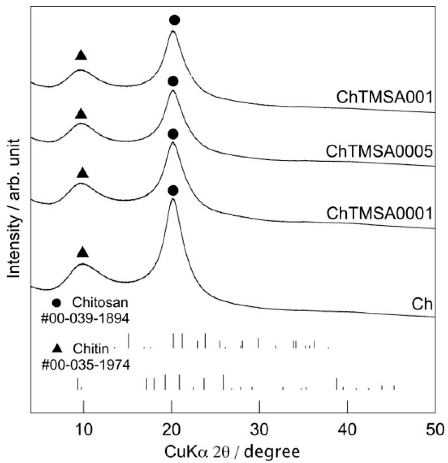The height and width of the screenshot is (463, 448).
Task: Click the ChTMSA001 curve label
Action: coord(385,97)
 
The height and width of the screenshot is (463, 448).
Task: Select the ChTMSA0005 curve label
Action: coord(379,152)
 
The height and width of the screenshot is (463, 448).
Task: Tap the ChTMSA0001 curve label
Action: coord(379,214)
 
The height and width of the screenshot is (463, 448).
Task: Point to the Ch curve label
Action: coord(422,304)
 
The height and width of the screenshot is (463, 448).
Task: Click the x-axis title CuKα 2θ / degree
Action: coord(232,452)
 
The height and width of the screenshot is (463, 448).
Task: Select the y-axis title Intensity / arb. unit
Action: coord(14,209)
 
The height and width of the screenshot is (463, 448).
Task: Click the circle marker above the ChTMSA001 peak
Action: coord(174,20)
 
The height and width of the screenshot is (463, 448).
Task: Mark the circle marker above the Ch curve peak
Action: coord(173,190)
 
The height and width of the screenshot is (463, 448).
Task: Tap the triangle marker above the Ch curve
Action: coord(83,252)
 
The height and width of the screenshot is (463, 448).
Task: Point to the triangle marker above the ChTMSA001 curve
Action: coord(81,55)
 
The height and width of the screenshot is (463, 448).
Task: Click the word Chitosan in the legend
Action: coord(100,302)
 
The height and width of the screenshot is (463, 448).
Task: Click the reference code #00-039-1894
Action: coord(85,319)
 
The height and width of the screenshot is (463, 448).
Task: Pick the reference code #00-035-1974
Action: coord(86,365)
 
